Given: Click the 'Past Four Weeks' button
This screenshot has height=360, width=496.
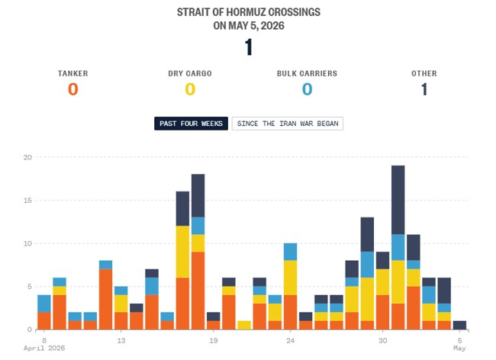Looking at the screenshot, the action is (x=191, y=124).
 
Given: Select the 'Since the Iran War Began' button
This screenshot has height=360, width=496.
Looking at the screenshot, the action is (x=288, y=124).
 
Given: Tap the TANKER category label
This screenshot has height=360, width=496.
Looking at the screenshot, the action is (x=73, y=73).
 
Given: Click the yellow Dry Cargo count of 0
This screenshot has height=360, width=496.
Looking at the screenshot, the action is (x=190, y=89).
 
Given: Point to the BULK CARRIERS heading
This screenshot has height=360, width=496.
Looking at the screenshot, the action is (x=308, y=73).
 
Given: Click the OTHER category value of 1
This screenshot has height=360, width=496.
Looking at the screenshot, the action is (x=424, y=89).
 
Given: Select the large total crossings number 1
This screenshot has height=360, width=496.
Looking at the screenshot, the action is (x=249, y=47).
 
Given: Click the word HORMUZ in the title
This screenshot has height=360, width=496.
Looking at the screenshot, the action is (x=242, y=12).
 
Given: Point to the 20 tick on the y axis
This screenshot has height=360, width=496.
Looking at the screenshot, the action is (x=27, y=157).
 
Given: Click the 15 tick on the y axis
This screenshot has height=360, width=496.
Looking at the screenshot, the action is (x=27, y=201).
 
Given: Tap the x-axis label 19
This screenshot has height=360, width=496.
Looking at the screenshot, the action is (x=213, y=341).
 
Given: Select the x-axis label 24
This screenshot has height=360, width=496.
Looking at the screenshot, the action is (x=290, y=341).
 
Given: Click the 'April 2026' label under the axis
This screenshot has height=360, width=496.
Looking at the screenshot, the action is (x=44, y=348).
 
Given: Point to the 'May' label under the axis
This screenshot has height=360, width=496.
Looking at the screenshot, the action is (x=459, y=348).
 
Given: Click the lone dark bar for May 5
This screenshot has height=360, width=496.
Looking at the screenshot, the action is (x=459, y=325).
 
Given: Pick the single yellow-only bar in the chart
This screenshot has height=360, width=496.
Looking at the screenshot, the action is (x=244, y=325).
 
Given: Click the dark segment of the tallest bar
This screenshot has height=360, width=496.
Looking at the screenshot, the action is (x=398, y=200).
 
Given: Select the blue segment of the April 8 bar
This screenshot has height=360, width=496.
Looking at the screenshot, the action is (x=44, y=304).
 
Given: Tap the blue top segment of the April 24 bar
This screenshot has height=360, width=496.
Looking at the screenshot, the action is (x=291, y=252).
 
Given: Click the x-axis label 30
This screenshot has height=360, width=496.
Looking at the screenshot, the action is (x=382, y=341).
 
